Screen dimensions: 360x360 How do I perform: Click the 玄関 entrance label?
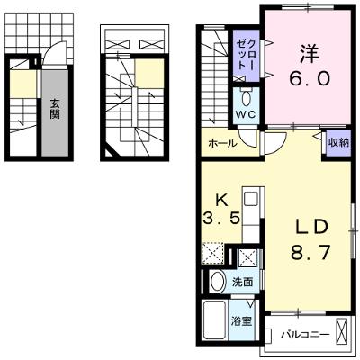pyautogui.click(x=55, y=109)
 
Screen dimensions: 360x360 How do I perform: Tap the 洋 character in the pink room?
pyautogui.click(x=310, y=54)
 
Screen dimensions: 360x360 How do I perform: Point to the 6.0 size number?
pyautogui.click(x=310, y=78)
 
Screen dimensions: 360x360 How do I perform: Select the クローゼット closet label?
pyautogui.click(x=247, y=55)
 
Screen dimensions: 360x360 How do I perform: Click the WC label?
pyautogui.click(x=246, y=114)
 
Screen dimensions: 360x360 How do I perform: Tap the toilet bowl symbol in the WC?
pyautogui.click(x=246, y=98)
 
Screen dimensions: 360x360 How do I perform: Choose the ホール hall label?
pyautogui.click(x=222, y=143)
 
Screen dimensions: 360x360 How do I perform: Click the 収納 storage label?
pyautogui.click(x=338, y=143)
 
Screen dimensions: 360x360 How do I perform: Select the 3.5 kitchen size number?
pyautogui.click(x=221, y=218)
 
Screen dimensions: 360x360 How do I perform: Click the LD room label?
pyautogui.click(x=310, y=227)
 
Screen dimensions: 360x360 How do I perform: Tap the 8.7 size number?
pyautogui.click(x=310, y=253)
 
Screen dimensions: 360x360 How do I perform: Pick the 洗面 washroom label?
pyautogui.click(x=243, y=282)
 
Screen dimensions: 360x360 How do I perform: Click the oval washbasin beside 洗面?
pyautogui.click(x=218, y=282)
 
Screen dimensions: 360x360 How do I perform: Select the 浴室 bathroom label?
pyautogui.click(x=241, y=321)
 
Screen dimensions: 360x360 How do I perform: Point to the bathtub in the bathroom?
pyautogui.click(x=215, y=320)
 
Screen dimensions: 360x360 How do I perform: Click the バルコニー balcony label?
pyautogui.click(x=305, y=334)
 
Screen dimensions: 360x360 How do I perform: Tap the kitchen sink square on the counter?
pyautogui.click(x=250, y=199)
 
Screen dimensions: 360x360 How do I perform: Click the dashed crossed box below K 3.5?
pyautogui.click(x=212, y=253)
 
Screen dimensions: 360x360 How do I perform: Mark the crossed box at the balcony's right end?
pyautogui.click(x=343, y=332)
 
